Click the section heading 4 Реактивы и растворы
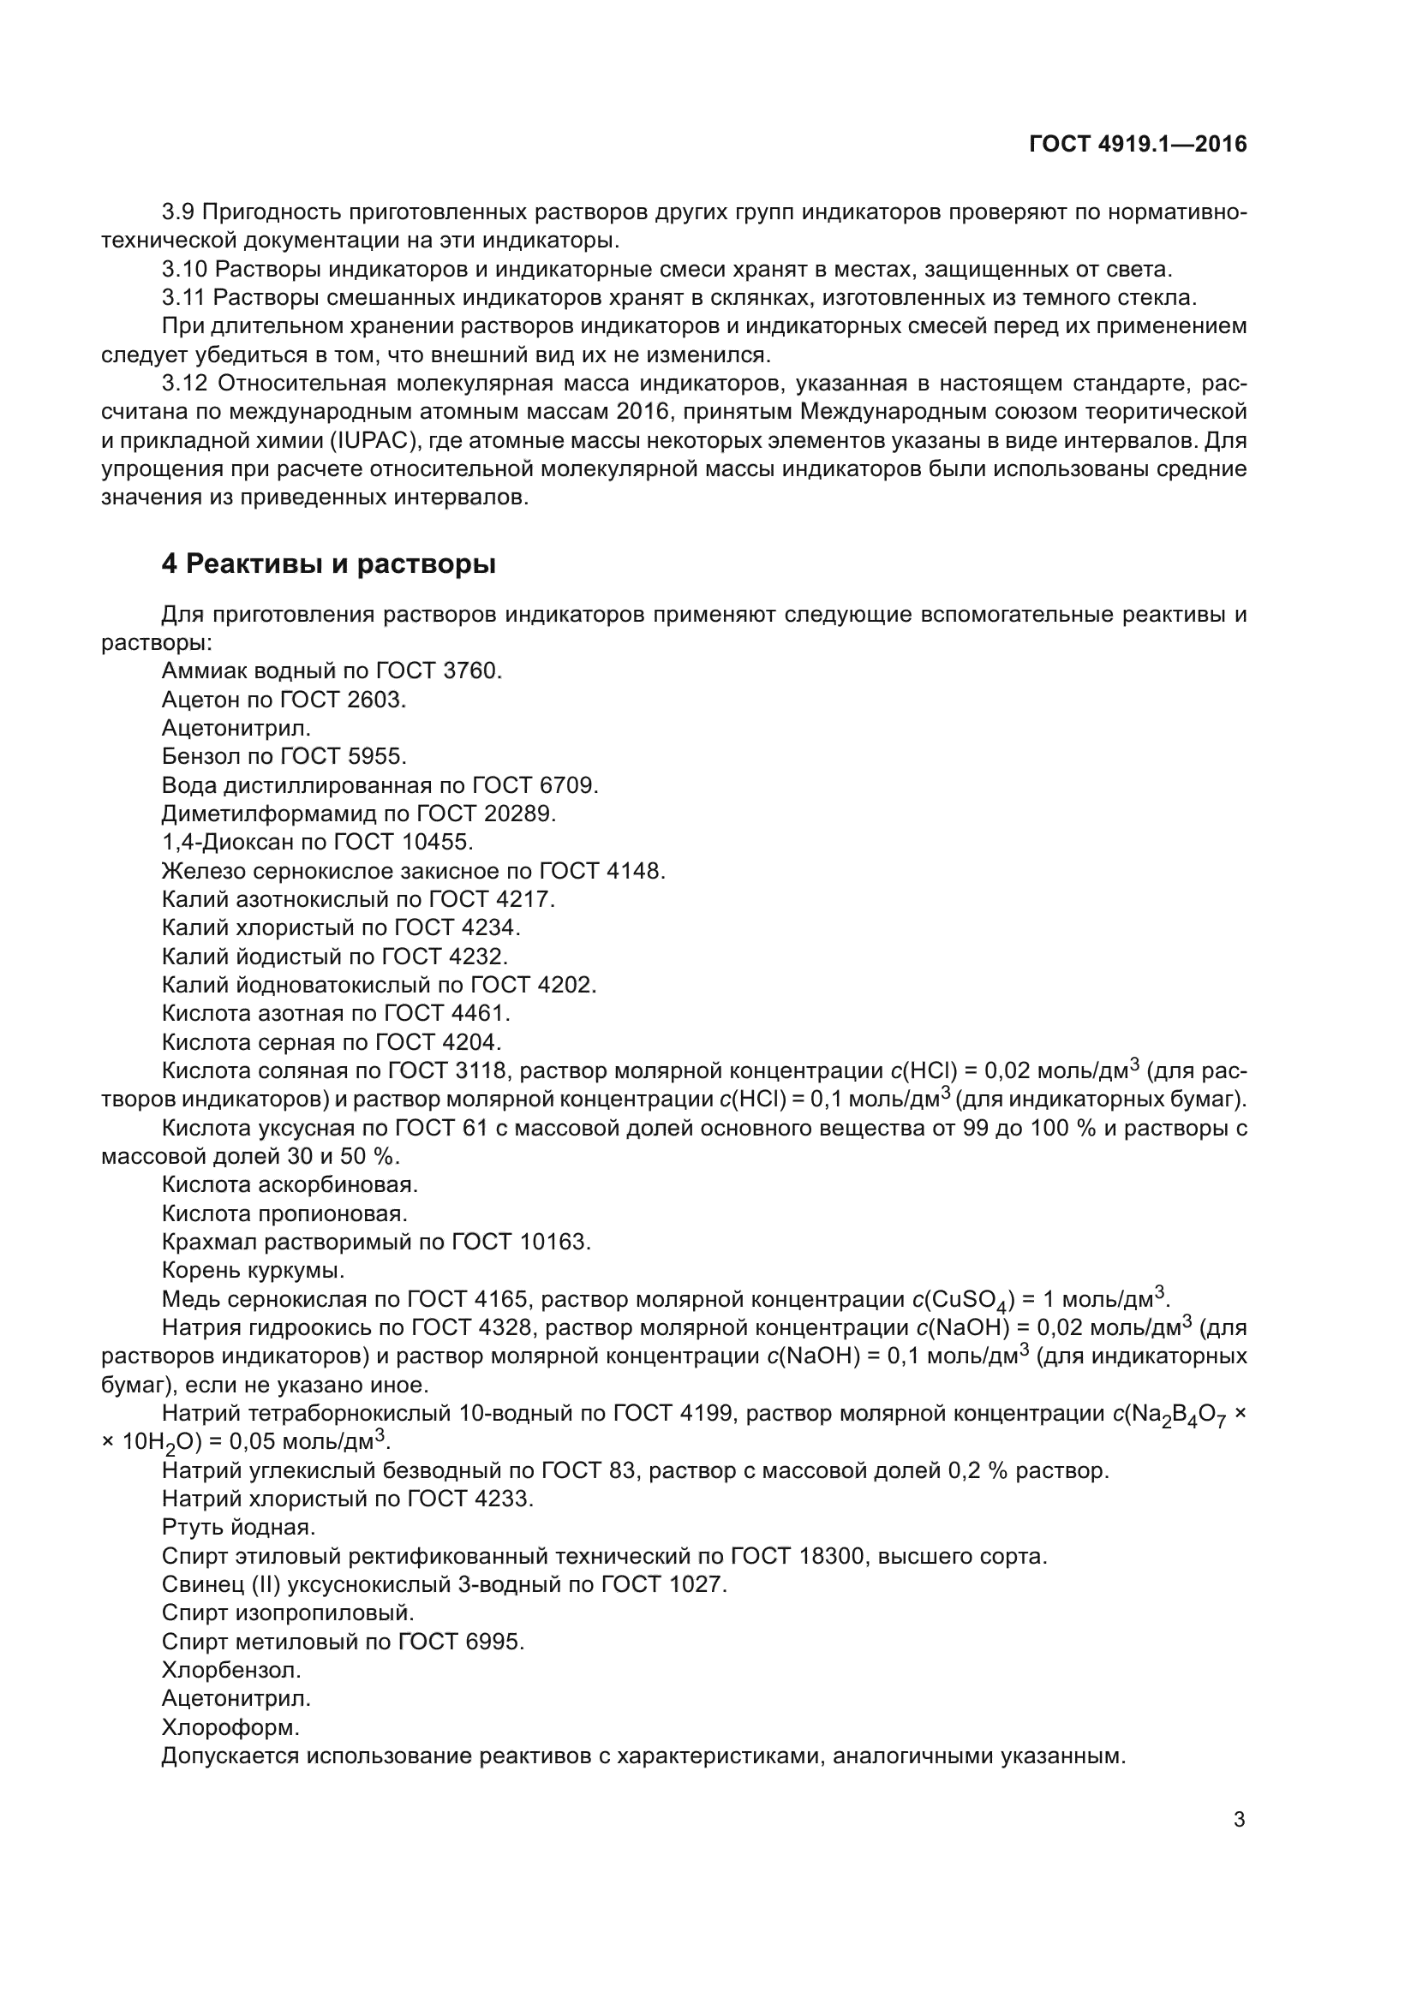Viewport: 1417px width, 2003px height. click(328, 564)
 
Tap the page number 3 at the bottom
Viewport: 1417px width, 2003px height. click(1239, 1820)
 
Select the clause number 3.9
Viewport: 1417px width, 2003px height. click(179, 212)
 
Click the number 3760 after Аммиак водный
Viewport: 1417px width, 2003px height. click(472, 671)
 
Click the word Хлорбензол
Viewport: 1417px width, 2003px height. click(231, 1671)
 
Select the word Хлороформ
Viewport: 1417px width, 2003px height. click(230, 1727)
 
